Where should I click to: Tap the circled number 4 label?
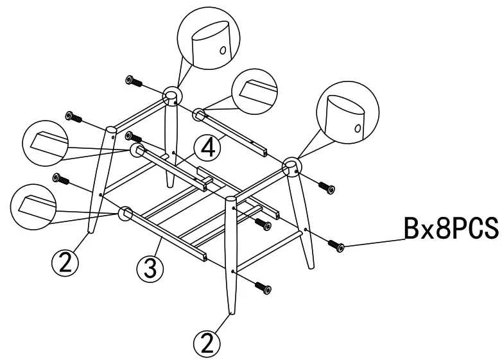tap(208, 148)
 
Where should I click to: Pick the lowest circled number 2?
tap(206, 343)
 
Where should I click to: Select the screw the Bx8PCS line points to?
tap(336, 246)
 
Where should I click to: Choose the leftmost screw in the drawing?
tap(62, 178)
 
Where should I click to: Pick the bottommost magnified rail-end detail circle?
tap(35, 205)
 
